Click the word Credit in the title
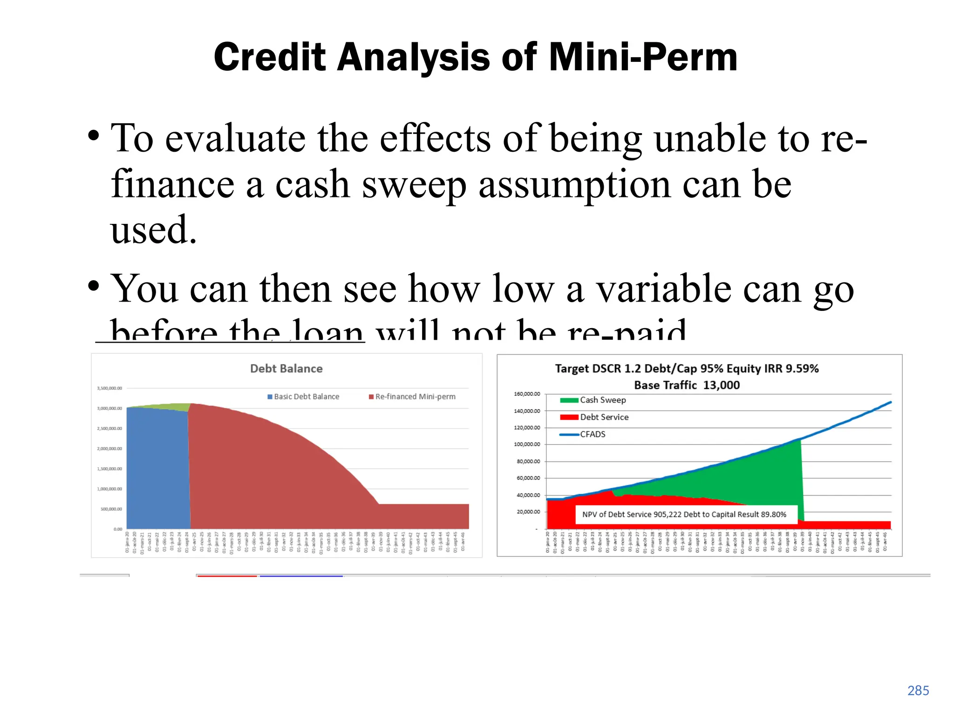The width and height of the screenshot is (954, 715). pos(270,57)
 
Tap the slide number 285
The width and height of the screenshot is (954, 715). pos(918,690)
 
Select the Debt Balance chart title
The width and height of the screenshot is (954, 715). pos(286,369)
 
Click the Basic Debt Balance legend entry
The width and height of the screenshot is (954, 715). pos(303,397)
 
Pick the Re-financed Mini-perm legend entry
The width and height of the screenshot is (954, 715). pos(412,397)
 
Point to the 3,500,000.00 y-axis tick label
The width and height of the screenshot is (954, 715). pos(109,388)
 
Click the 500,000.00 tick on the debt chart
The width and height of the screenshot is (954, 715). pos(111,509)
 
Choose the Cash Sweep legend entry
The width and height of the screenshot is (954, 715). pos(593,400)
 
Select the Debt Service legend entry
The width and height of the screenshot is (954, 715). pos(595,418)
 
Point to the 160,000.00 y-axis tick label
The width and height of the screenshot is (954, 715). pos(527,394)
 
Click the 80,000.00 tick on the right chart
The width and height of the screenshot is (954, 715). pos(528,461)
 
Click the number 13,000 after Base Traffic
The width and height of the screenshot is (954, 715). pos(721,385)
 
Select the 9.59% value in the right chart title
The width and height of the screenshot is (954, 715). pos(802,369)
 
